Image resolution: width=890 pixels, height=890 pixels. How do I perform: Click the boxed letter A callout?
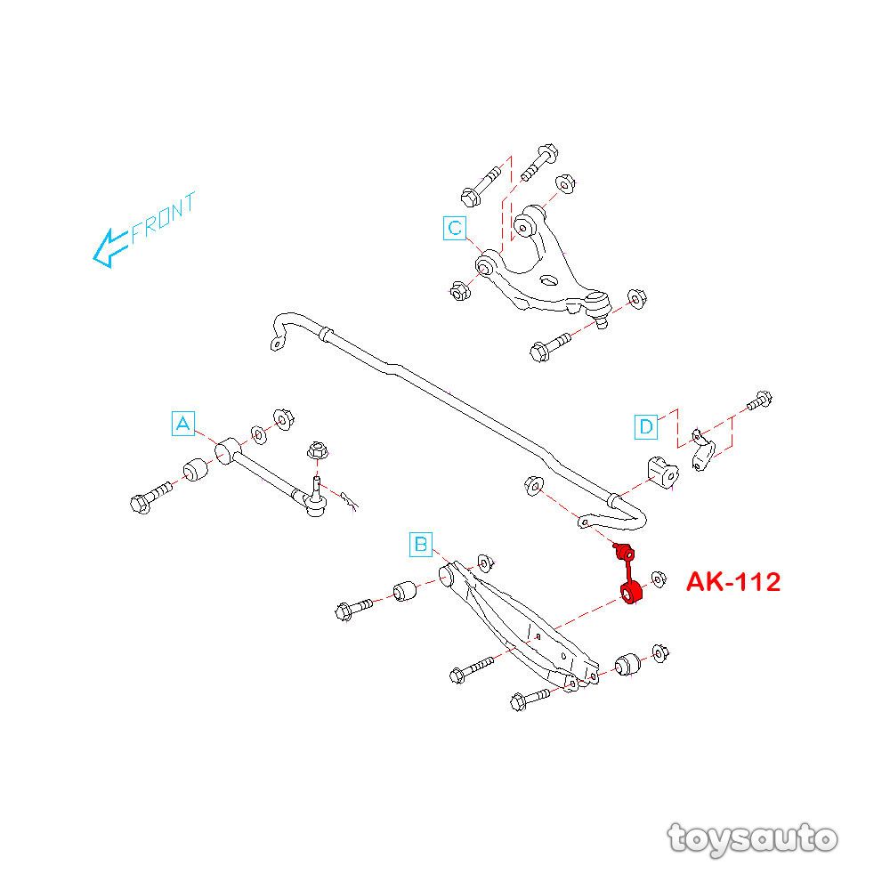click(x=182, y=424)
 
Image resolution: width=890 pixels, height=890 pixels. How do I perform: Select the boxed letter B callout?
click(x=420, y=543)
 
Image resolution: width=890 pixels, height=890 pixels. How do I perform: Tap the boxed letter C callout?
click(x=455, y=229)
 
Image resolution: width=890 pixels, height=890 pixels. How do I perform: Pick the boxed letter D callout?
click(x=646, y=427)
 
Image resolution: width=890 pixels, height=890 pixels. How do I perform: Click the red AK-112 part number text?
click(x=732, y=583)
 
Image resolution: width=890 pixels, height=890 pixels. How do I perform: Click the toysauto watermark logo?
click(x=752, y=837)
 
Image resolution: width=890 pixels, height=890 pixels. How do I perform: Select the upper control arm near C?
click(x=543, y=267)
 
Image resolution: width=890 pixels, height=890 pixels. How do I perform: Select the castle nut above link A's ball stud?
click(x=315, y=450)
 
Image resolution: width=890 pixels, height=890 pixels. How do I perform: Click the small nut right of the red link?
click(x=659, y=578)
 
